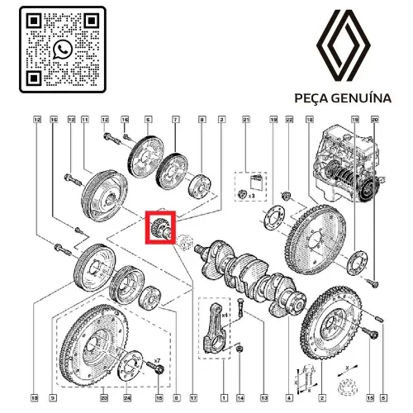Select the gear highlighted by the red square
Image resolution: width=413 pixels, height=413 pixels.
[x=157, y=226]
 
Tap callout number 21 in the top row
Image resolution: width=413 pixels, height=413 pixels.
[x=245, y=121]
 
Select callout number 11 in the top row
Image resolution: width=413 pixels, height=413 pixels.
[x=84, y=121]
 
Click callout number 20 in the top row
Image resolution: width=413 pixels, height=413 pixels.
[x=374, y=121]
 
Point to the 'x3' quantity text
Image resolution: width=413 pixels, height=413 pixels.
[x=251, y=197]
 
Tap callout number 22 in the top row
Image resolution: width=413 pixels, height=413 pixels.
[x=289, y=121]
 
